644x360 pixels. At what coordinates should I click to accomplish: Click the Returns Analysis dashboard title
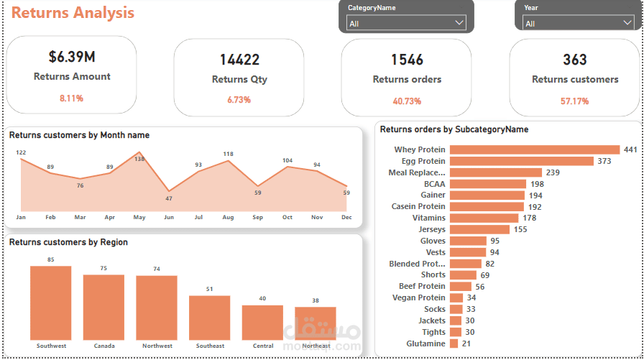pyautogui.click(x=73, y=13)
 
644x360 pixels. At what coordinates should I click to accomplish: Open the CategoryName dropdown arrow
pyautogui.click(x=460, y=23)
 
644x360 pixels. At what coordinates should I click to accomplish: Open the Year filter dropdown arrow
pyautogui.click(x=627, y=23)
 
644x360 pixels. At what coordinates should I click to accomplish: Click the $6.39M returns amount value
pyautogui.click(x=72, y=57)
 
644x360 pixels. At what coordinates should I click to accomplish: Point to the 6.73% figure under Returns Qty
pyautogui.click(x=239, y=100)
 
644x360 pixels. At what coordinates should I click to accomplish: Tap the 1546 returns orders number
pyautogui.click(x=407, y=60)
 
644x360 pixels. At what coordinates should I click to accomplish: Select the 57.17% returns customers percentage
pyautogui.click(x=574, y=101)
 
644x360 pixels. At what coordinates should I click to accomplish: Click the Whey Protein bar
pyautogui.click(x=534, y=149)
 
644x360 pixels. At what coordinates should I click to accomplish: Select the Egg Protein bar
pyautogui.click(x=521, y=161)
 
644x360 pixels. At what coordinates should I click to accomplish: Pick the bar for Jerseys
pyautogui.click(x=479, y=229)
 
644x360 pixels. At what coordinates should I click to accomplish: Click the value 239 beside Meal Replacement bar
pyautogui.click(x=553, y=172)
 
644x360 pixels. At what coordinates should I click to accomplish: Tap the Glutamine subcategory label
pyautogui.click(x=426, y=343)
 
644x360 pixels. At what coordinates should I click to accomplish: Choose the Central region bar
pyautogui.click(x=262, y=322)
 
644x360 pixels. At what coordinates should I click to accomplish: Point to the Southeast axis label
pyautogui.click(x=210, y=346)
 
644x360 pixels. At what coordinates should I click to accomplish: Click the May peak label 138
pyautogui.click(x=139, y=158)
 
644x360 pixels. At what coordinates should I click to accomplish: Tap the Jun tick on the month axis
pyautogui.click(x=169, y=216)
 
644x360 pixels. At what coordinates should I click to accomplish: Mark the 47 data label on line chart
pyautogui.click(x=169, y=198)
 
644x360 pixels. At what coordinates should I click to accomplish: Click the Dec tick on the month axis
pyautogui.click(x=346, y=216)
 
